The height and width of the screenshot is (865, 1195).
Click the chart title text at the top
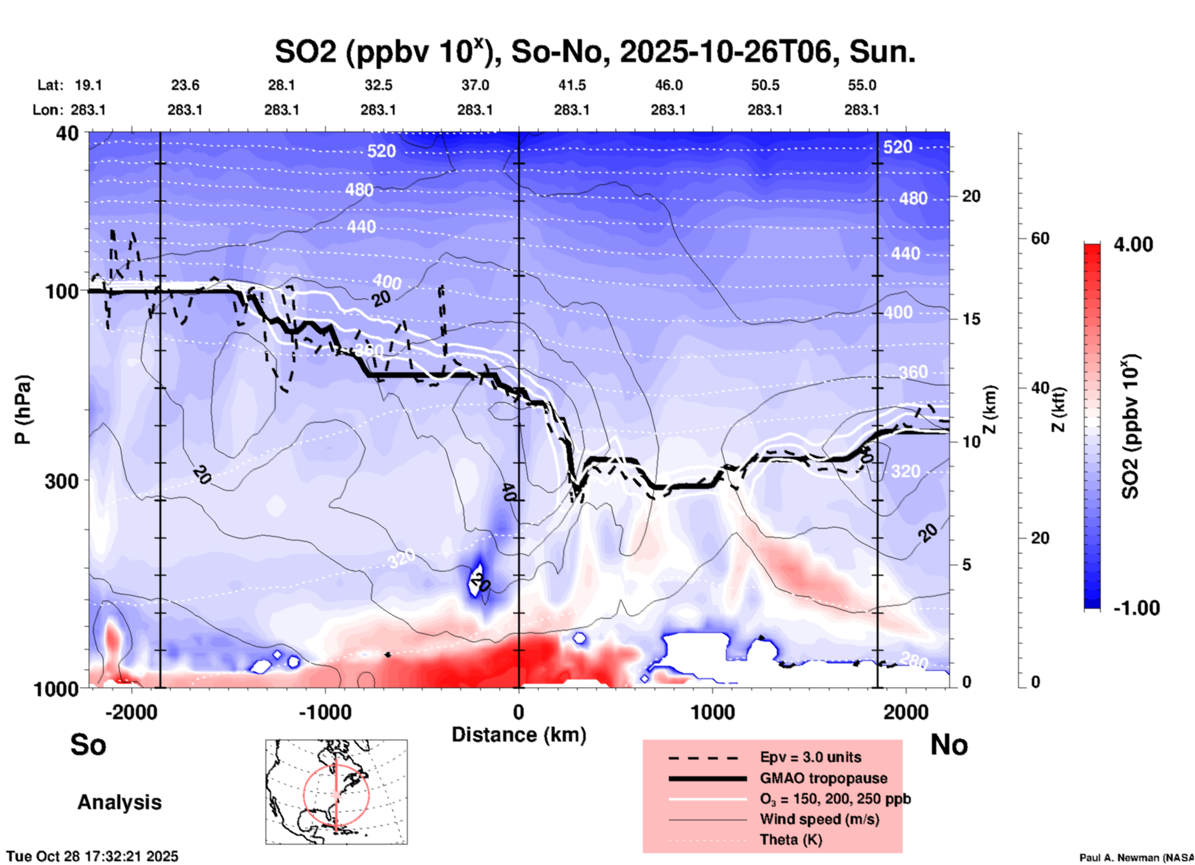click(594, 52)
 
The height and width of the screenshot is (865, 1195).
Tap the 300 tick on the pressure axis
click(61, 481)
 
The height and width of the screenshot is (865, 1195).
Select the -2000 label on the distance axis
click(131, 712)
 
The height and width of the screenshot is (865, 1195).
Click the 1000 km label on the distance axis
click(712, 712)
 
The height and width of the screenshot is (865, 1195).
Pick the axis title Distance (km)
click(519, 735)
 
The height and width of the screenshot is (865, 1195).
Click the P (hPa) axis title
click(23, 410)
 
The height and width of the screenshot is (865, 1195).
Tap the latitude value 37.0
click(475, 85)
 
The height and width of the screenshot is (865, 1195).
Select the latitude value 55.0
click(862, 85)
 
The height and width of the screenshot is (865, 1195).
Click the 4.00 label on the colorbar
click(1133, 244)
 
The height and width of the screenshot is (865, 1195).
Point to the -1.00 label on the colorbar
click(1136, 608)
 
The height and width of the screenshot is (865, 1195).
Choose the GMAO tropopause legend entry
click(823, 778)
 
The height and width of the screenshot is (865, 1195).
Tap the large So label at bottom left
click(88, 745)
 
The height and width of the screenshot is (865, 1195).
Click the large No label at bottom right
click(949, 745)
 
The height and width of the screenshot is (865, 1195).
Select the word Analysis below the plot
click(119, 802)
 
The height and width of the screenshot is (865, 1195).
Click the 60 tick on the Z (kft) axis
click(1040, 238)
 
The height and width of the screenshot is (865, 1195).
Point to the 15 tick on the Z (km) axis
click(970, 319)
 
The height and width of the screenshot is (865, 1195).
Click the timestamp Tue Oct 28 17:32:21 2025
click(92, 856)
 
